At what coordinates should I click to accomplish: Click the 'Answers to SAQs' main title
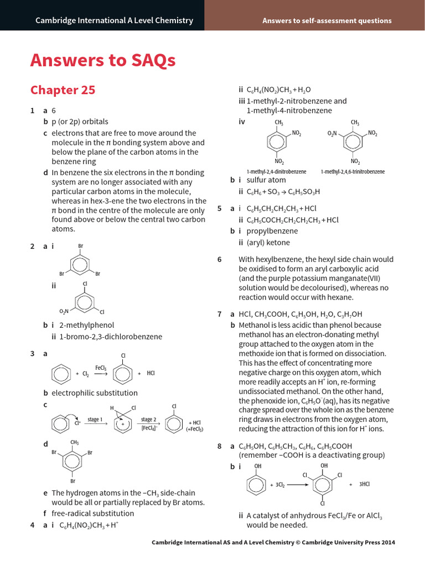click(x=103, y=60)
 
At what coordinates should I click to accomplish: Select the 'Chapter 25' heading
click(x=63, y=90)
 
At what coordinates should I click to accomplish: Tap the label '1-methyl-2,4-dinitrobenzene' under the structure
click(x=276, y=172)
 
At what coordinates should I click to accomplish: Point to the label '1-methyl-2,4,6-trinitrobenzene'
click(x=352, y=172)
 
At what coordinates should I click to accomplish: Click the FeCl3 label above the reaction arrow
click(x=100, y=367)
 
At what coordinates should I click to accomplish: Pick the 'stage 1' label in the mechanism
click(x=94, y=420)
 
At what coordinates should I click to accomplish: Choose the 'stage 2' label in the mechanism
click(x=148, y=420)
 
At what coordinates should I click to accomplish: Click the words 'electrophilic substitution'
click(x=95, y=393)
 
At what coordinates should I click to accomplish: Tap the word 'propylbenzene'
click(x=272, y=231)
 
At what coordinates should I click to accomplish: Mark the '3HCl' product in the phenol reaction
click(x=364, y=484)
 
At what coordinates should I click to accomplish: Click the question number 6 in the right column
click(x=220, y=259)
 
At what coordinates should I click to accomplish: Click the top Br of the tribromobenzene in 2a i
click(x=80, y=246)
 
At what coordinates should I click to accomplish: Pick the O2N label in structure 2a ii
click(x=64, y=312)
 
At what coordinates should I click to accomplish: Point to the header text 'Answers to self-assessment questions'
click(x=326, y=21)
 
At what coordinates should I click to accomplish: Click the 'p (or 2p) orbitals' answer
click(x=80, y=122)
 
